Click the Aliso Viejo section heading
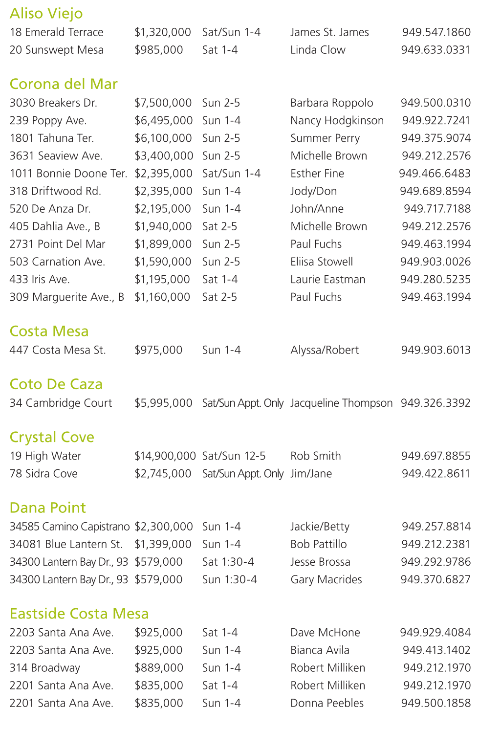click(x=46, y=14)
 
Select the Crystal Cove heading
click(x=52, y=437)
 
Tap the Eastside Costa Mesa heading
click(x=79, y=614)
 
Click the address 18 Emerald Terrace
click(x=56, y=32)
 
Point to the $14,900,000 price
click(x=165, y=456)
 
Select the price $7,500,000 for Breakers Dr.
click(x=163, y=103)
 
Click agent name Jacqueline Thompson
click(x=341, y=403)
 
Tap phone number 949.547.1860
click(x=436, y=32)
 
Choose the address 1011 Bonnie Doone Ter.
click(x=68, y=174)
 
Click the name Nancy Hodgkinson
click(x=337, y=121)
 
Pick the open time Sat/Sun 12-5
click(x=234, y=456)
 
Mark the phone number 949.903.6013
click(x=435, y=350)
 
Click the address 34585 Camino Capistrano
click(x=69, y=527)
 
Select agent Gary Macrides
click(x=326, y=580)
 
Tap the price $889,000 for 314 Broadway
click(x=159, y=668)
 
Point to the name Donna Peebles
click(x=327, y=703)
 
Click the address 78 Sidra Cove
click(x=44, y=474)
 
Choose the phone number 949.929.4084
click(x=435, y=633)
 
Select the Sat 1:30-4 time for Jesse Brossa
click(x=228, y=562)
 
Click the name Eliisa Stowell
click(x=322, y=262)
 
